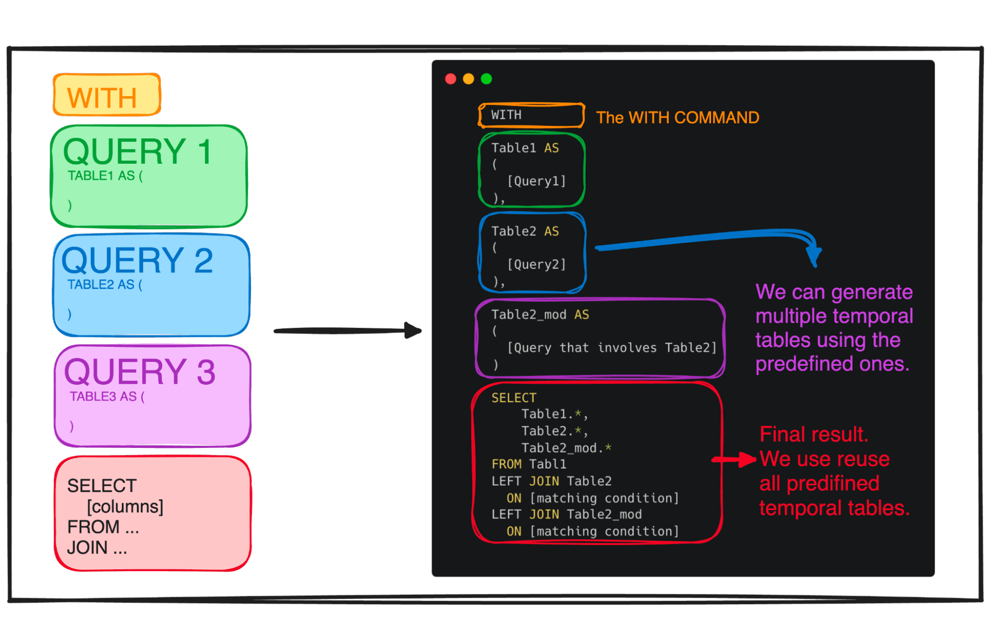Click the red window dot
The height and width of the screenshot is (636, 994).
[451, 79]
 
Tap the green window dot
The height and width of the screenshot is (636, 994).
[486, 79]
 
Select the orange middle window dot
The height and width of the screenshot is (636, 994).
[468, 79]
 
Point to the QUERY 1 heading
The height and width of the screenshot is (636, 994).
[138, 152]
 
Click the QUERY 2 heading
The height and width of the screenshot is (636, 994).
[137, 261]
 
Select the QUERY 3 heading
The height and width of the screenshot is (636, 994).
[140, 372]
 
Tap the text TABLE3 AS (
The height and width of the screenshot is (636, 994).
[107, 397]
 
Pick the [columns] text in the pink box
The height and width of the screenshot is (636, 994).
[125, 507]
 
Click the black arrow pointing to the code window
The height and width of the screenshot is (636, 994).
[348, 330]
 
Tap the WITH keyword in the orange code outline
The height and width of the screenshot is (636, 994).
[506, 115]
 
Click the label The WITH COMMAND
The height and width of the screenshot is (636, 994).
[677, 118]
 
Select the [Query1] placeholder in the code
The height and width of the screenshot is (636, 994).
[537, 181]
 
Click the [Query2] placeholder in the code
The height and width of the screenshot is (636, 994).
[537, 264]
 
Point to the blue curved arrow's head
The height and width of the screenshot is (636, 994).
[814, 256]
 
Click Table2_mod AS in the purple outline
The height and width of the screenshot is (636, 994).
[540, 315]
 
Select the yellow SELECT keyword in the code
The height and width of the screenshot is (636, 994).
[514, 398]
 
